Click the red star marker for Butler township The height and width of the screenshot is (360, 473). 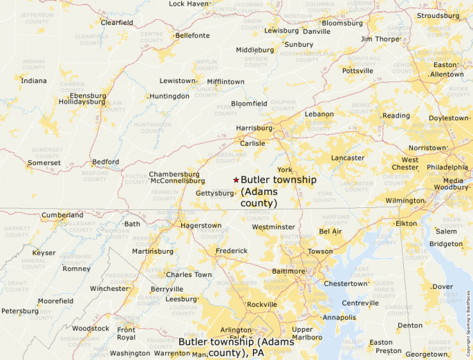tap(236, 180)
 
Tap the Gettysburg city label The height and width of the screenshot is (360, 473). tap(215, 193)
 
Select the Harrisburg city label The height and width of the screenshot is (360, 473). tap(254, 128)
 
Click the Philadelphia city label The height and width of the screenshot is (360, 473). tap(447, 167)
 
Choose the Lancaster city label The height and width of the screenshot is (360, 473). tap(347, 158)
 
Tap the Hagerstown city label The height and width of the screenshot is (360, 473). tap(201, 225)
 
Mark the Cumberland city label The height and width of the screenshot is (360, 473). tap(62, 215)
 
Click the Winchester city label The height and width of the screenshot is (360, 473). tap(109, 288)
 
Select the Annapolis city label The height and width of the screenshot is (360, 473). tap(340, 318)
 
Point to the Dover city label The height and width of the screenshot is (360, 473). tap(442, 287)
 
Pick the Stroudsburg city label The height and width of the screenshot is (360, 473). tap(438, 15)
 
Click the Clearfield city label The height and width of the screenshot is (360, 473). tap(117, 22)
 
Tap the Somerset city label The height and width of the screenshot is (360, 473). tap(44, 163)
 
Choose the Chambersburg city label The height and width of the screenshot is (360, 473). tap(174, 174)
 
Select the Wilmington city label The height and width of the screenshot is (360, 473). tap(405, 200)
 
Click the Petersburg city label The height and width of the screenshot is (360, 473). tap(19, 311)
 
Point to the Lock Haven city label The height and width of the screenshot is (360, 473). tap(189, 4)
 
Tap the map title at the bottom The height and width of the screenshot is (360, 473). tap(236, 347)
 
